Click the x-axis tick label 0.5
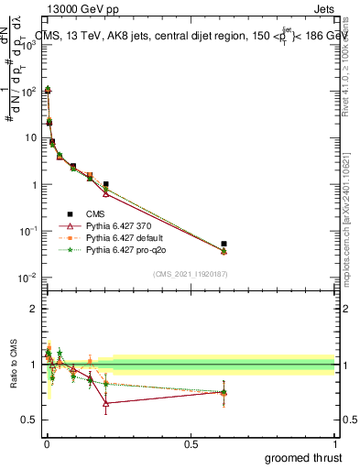(x=190, y=443)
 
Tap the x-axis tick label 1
(x=335, y=443)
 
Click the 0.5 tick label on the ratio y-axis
(x=28, y=420)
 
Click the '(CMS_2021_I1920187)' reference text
(x=190, y=274)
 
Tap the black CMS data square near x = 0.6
(x=224, y=244)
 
